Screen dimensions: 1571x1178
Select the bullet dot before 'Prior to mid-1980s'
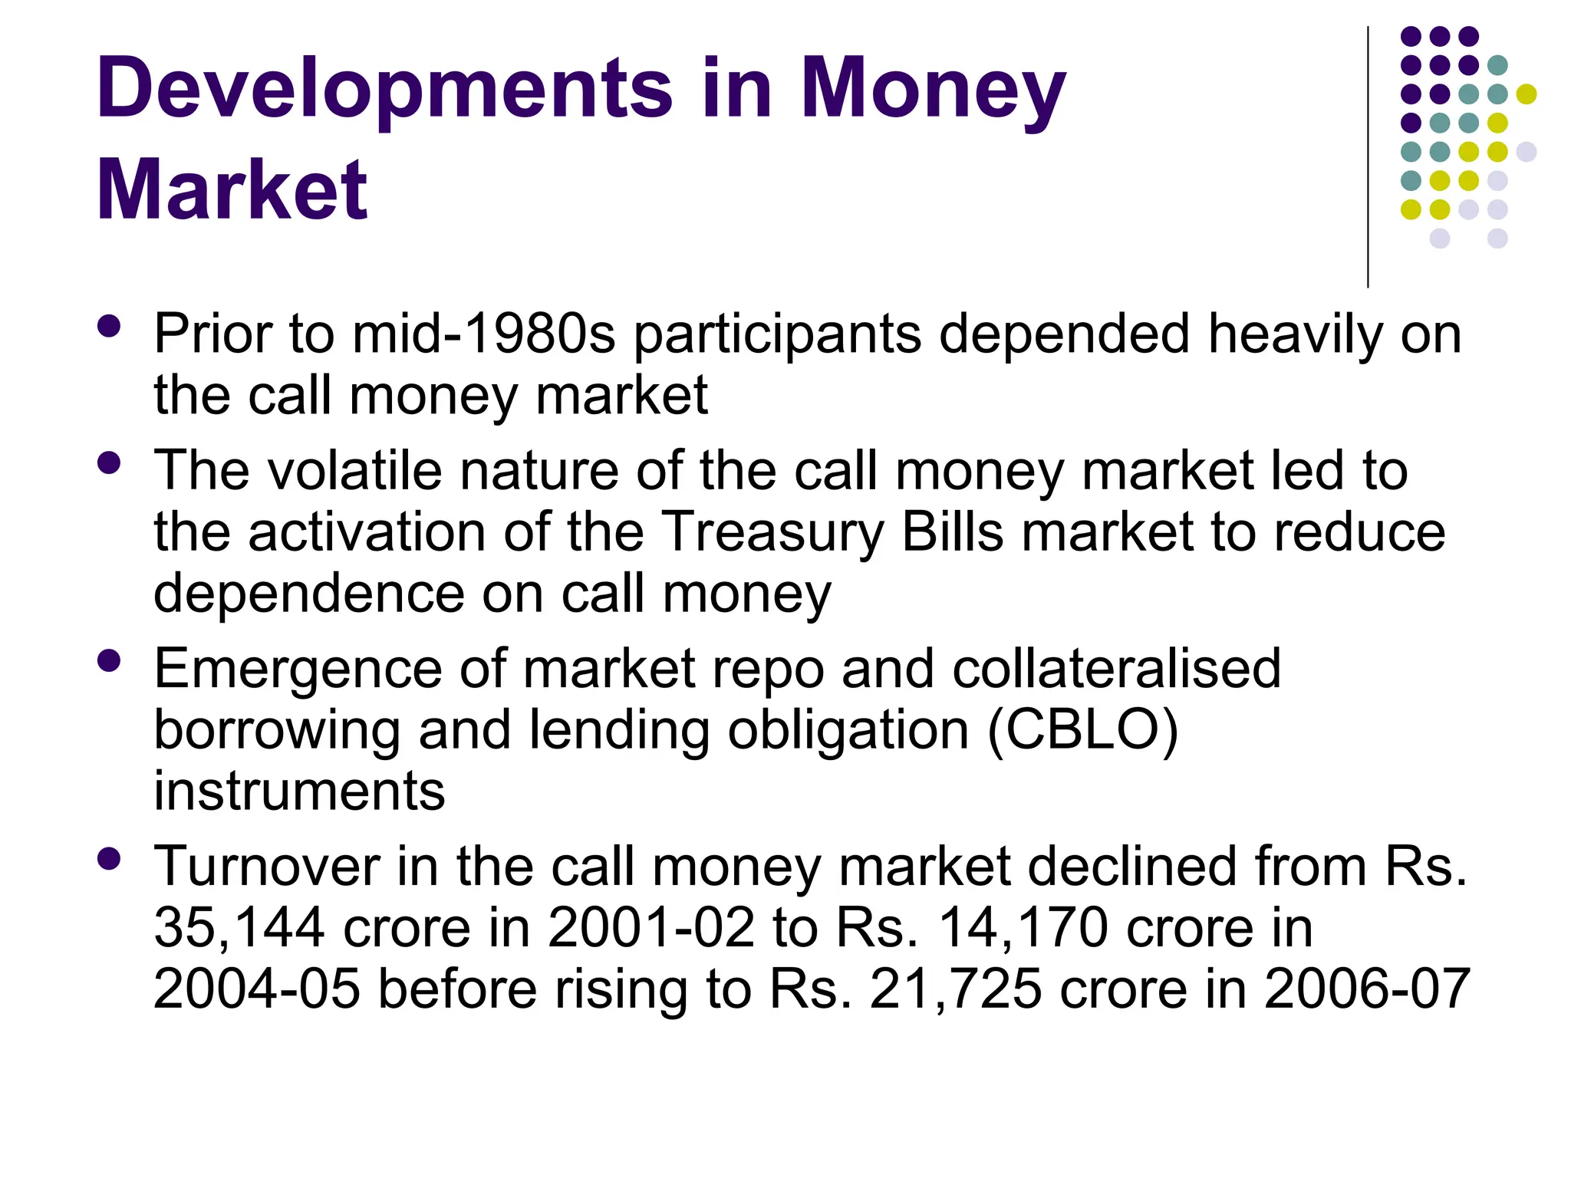pos(110,326)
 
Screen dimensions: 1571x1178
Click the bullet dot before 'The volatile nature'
pos(110,462)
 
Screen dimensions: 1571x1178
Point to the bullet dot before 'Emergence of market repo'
pos(110,660)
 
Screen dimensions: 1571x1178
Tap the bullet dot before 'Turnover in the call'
pos(110,858)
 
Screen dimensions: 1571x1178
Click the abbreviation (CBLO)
pos(1083,730)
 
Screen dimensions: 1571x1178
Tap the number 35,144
pos(239,929)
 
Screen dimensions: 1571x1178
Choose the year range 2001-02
pos(651,928)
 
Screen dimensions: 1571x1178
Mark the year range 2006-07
pos(1367,989)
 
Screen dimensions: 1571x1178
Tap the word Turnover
pos(266,866)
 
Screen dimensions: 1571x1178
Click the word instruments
pos(299,791)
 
